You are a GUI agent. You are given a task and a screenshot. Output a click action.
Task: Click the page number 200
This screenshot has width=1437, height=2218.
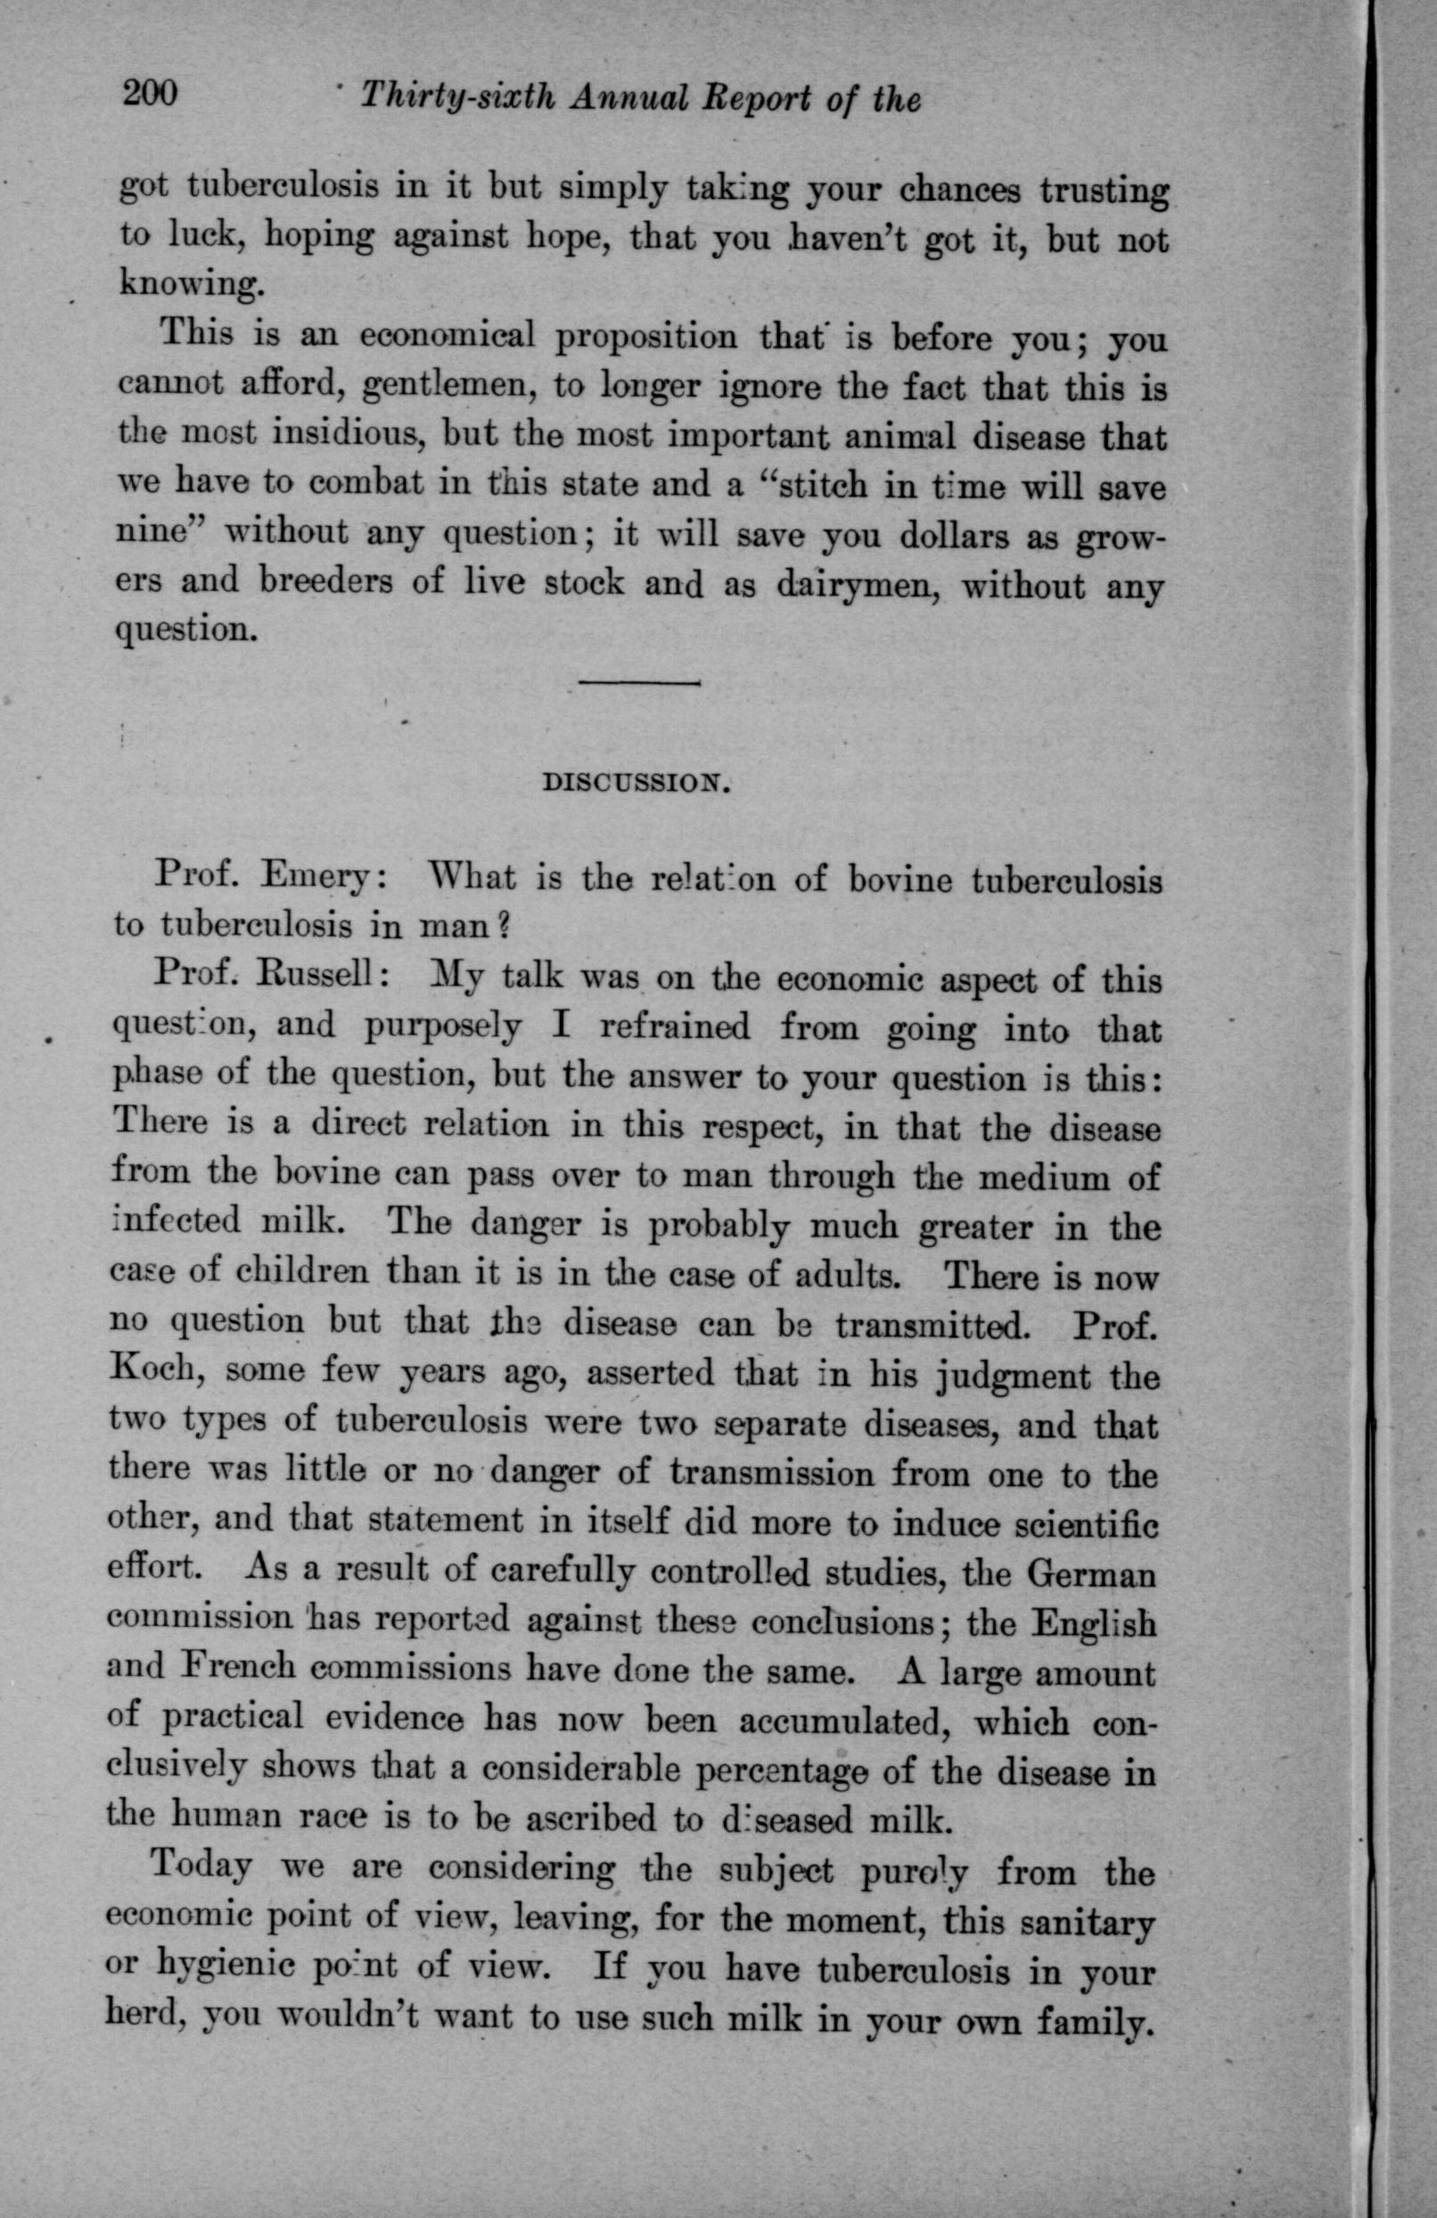148,94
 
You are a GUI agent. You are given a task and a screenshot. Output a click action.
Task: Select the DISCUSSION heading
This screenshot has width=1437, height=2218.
634,782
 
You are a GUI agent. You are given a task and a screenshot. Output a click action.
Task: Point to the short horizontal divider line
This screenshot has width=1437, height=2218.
638,684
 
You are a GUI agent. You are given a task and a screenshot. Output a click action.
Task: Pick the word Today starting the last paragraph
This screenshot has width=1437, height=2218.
201,1866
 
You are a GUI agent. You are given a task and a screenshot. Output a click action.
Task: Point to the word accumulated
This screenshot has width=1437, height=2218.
842,1721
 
